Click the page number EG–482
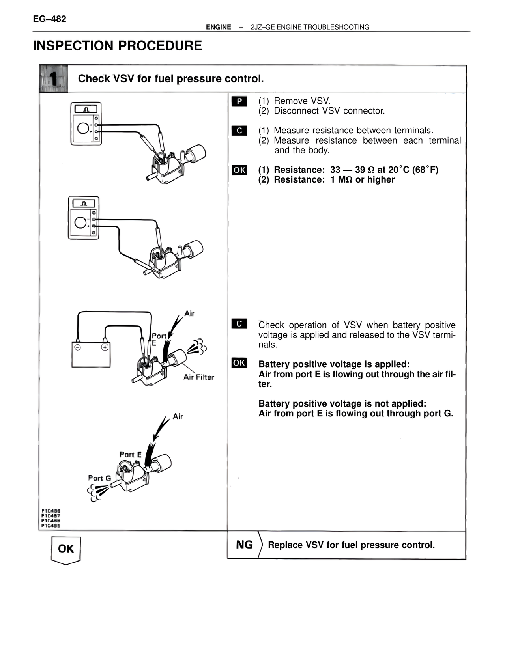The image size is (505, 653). (49, 19)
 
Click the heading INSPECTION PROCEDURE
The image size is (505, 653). (117, 46)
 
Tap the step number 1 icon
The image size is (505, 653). (53, 79)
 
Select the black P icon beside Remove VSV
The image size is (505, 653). (239, 101)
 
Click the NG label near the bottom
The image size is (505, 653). (244, 545)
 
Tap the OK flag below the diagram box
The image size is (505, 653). (65, 549)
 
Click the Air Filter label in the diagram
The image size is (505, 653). (198, 377)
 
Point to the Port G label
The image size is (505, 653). (99, 478)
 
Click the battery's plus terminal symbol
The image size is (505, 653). (105, 347)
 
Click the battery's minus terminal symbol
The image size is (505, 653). (78, 347)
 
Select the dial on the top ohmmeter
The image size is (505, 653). (83, 129)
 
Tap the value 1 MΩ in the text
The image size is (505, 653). (342, 180)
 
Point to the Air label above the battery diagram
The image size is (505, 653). (189, 313)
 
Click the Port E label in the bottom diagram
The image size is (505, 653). (130, 455)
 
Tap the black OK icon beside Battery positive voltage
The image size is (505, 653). (239, 363)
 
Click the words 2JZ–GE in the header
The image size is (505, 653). (262, 27)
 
